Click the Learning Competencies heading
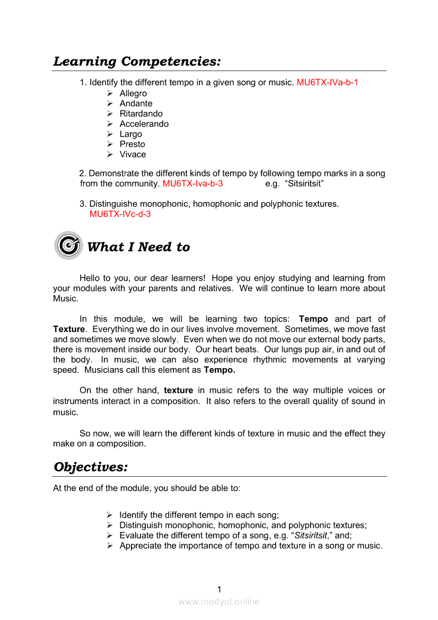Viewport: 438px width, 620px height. pos(137,62)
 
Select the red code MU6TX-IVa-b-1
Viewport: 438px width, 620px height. pos(327,83)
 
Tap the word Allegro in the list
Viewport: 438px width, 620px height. pos(133,93)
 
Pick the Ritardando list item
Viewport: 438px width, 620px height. pos(141,113)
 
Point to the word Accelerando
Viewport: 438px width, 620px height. pos(144,124)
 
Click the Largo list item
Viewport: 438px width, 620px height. pos(130,134)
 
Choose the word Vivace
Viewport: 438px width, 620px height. pos(133,154)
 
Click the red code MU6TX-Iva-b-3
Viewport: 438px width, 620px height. pos(192,184)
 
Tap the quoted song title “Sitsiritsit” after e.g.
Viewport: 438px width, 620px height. pos(304,184)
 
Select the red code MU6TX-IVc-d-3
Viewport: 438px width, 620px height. pos(120,214)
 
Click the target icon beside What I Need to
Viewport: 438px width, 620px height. pos(68,246)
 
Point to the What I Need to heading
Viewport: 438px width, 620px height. pos(138,247)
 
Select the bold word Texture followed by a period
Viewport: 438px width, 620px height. pos(69,329)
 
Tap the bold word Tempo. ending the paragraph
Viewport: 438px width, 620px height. pos(220,370)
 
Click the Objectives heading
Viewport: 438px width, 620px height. pos(91,467)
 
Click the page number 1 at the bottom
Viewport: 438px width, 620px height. pos(220,589)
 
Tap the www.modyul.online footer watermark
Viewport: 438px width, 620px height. pos(219,601)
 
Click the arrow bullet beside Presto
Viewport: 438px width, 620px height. pos(109,144)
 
